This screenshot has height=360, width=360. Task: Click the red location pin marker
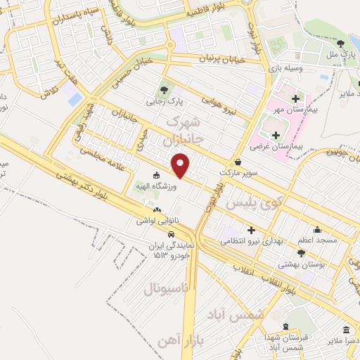tap(181, 165)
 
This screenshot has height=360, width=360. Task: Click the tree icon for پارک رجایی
tap(165, 89)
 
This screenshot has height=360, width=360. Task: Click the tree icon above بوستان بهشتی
tap(301, 253)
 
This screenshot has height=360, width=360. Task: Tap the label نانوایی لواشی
tap(158, 220)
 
